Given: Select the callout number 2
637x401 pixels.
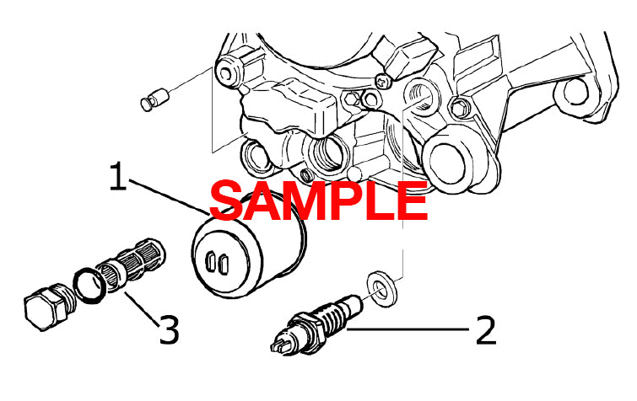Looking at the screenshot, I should (485, 330).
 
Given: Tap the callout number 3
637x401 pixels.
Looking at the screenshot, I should (169, 330).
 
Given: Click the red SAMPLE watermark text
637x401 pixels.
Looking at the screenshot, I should (319, 201).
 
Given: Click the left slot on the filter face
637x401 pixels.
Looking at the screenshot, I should (209, 264).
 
